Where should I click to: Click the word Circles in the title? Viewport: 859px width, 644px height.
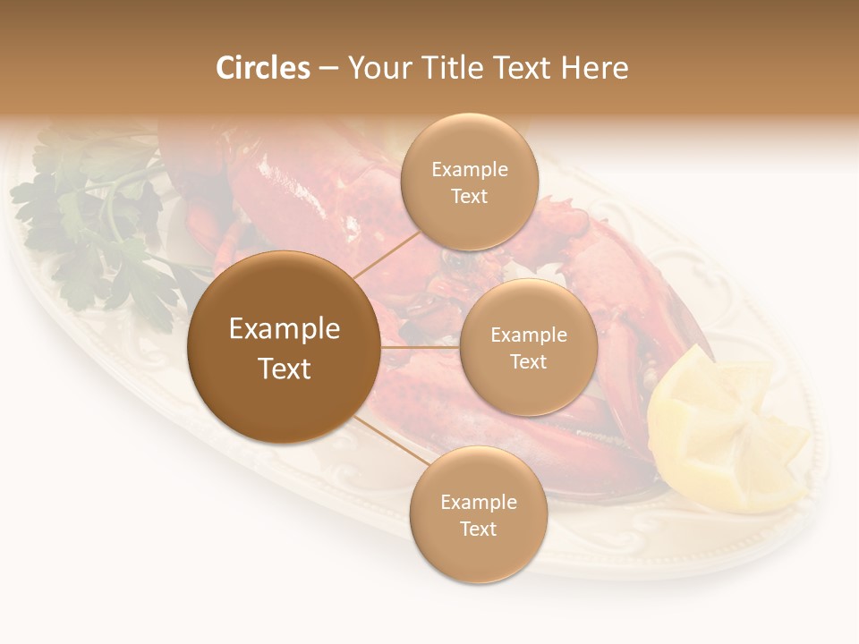(263, 68)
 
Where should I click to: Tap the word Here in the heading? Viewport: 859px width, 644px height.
(594, 68)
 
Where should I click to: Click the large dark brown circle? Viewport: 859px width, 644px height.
(284, 347)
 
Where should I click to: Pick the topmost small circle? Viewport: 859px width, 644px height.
(469, 182)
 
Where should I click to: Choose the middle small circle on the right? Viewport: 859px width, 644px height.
(528, 347)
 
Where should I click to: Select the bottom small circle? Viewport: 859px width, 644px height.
(478, 514)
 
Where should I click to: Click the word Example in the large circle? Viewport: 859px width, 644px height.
(285, 329)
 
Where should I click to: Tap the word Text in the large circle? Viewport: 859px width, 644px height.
(285, 369)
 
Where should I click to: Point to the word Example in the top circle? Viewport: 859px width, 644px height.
(470, 169)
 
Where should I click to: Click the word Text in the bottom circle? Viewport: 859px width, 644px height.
(478, 529)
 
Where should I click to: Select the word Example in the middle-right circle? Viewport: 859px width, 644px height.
(529, 335)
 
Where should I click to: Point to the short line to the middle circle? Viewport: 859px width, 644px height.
(420, 347)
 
